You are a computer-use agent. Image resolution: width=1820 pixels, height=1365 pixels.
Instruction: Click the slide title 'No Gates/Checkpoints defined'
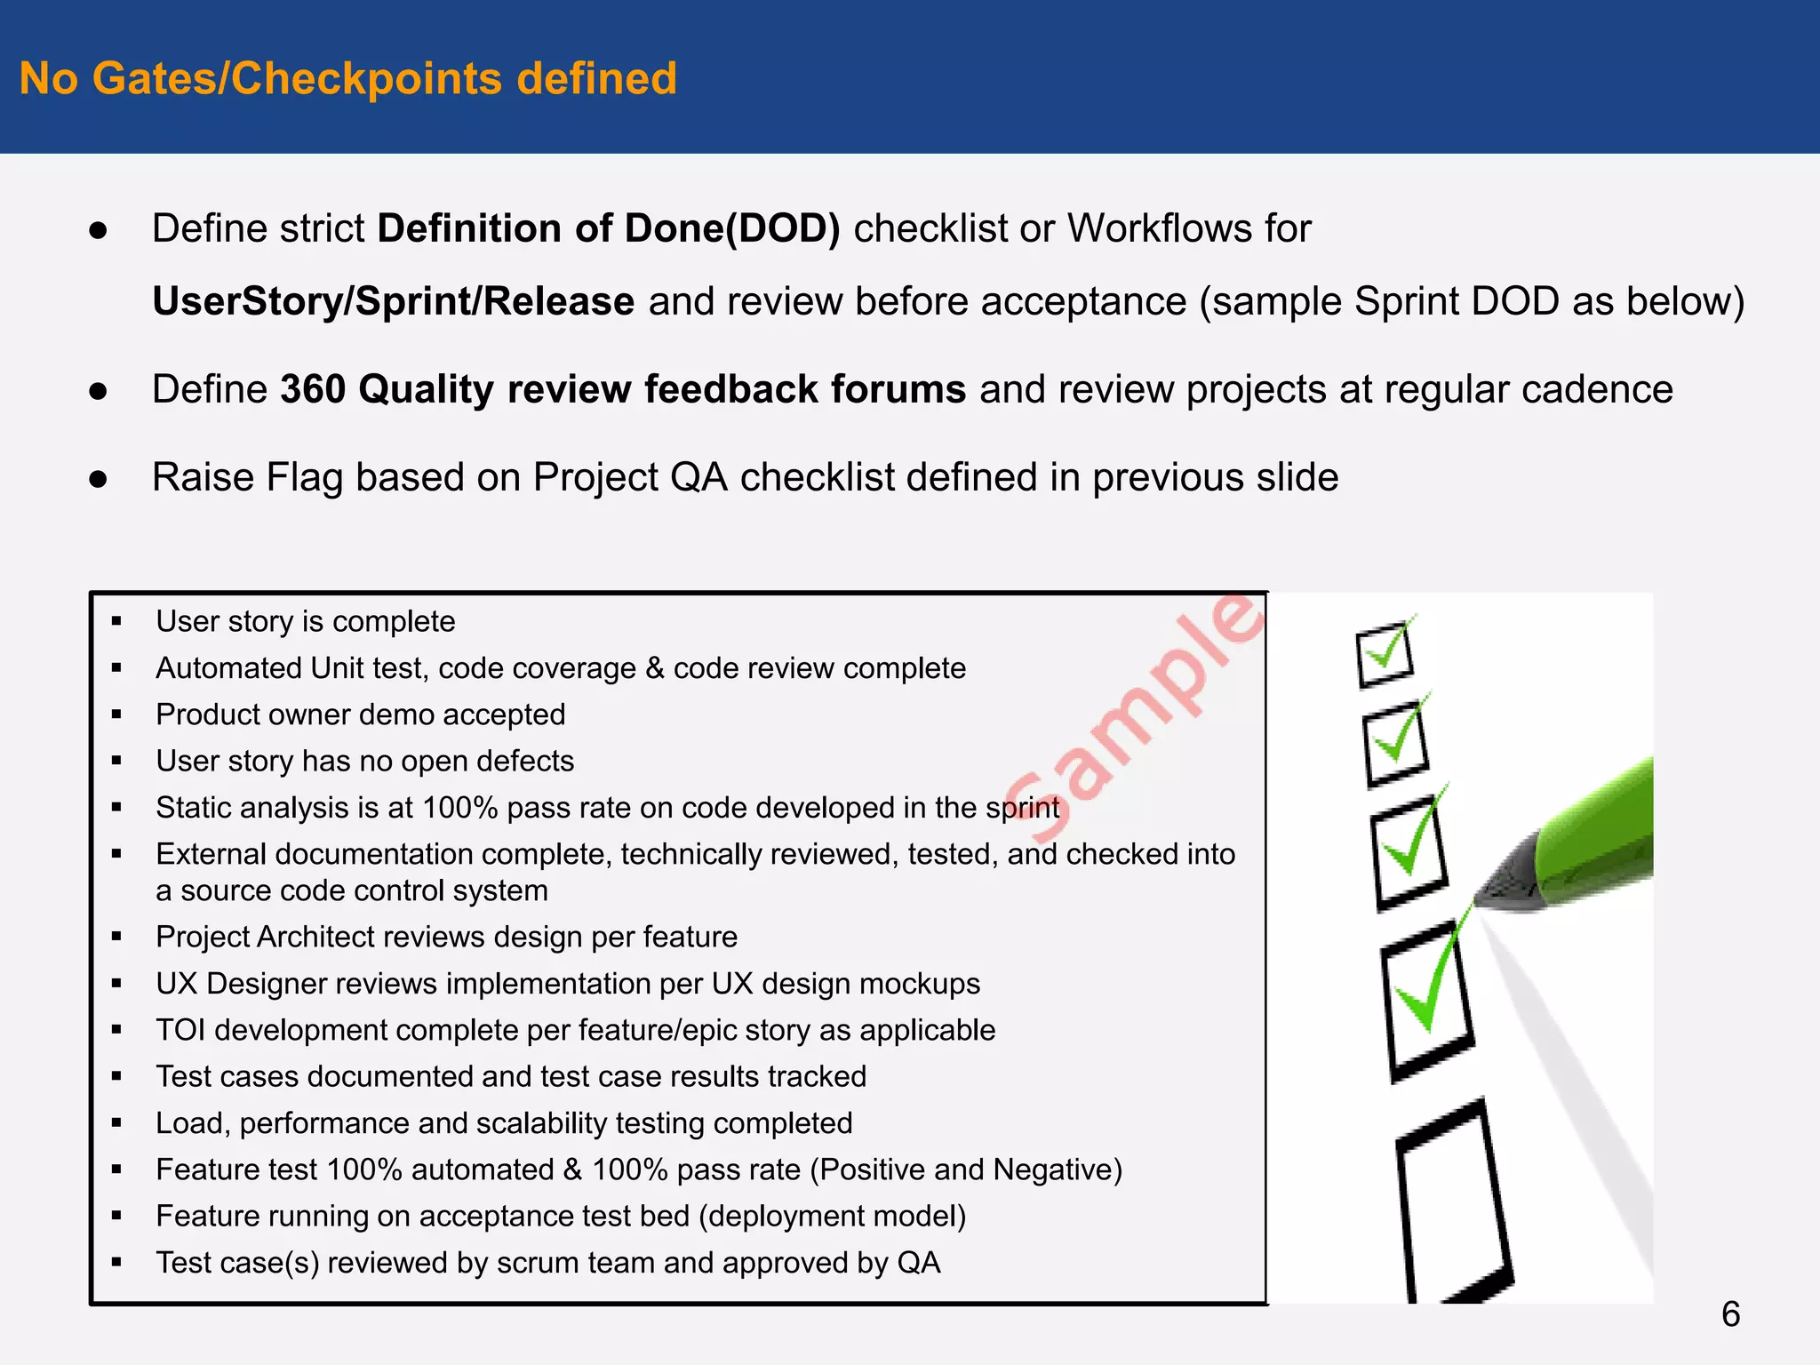347,78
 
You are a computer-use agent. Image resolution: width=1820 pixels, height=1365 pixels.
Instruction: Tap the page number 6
1730,1313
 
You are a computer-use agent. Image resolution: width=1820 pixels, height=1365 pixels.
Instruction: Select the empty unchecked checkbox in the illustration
1453,1200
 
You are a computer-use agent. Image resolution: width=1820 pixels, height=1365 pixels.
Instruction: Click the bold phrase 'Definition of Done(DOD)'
608,228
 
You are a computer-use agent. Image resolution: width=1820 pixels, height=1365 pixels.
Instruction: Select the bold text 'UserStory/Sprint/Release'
393,301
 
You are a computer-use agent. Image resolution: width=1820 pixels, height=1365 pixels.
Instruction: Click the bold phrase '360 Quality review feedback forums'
622,389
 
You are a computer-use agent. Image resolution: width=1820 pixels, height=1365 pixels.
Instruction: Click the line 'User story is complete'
305,621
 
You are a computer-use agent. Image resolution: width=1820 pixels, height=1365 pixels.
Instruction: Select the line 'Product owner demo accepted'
360,714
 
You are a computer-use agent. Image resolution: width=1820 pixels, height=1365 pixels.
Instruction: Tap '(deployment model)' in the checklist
832,1216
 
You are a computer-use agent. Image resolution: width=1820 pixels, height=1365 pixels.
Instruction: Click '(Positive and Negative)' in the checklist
966,1169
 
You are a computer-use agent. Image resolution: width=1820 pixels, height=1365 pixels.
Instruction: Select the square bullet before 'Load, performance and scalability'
116,1123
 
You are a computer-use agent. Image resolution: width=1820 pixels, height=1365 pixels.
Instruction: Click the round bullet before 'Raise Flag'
98,479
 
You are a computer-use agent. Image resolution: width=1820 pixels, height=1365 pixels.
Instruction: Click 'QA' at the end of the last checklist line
919,1263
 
